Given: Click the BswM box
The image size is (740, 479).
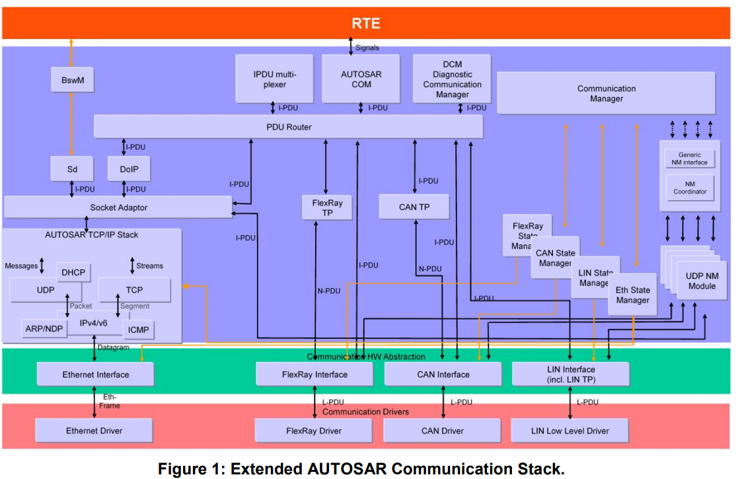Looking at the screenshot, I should [72, 81].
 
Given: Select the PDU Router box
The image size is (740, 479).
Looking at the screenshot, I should [288, 126].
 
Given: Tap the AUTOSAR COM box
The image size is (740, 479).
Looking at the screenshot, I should [361, 79].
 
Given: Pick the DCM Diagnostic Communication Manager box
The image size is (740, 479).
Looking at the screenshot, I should [452, 79].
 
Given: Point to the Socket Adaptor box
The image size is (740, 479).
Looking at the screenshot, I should [118, 207].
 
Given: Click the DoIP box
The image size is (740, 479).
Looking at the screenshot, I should [129, 169].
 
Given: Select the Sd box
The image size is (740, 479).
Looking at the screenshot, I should [72, 169].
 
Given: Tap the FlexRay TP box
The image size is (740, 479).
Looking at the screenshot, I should [327, 207].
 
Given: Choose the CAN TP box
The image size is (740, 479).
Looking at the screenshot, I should [414, 207].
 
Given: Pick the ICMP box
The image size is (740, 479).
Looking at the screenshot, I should [139, 329].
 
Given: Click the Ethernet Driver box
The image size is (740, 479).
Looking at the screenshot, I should [94, 431].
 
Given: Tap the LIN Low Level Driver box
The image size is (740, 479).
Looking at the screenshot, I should [570, 431].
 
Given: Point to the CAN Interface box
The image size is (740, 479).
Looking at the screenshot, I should [443, 375].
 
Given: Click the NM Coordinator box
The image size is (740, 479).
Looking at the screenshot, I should [690, 188].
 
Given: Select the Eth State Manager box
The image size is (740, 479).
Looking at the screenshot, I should [632, 295].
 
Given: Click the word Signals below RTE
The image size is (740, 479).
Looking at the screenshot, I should [367, 48].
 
